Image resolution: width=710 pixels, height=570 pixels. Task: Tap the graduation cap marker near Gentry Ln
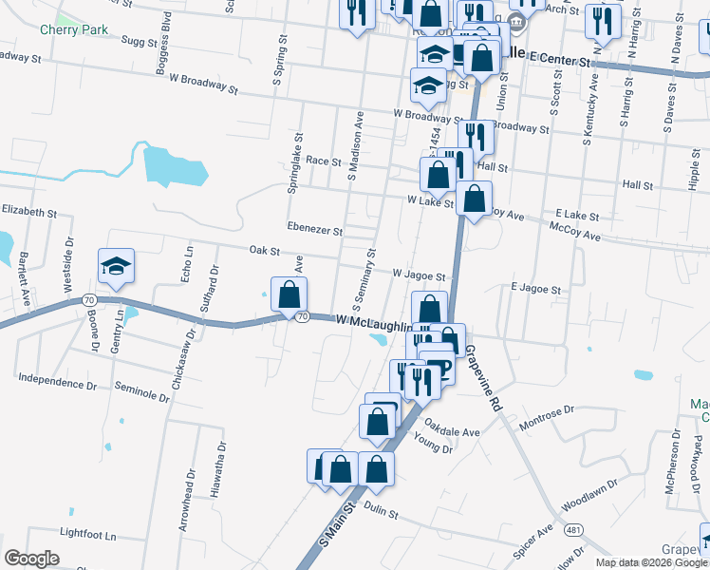(x=116, y=266)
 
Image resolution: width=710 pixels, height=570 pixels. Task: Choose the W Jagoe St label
(x=419, y=275)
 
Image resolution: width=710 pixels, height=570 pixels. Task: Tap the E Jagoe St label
(x=536, y=288)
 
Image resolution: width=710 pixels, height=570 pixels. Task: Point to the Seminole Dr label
(x=140, y=388)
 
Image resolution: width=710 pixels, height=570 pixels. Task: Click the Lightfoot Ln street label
(x=87, y=534)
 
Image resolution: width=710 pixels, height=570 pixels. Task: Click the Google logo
(x=31, y=558)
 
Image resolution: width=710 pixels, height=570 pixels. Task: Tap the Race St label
(x=323, y=161)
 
